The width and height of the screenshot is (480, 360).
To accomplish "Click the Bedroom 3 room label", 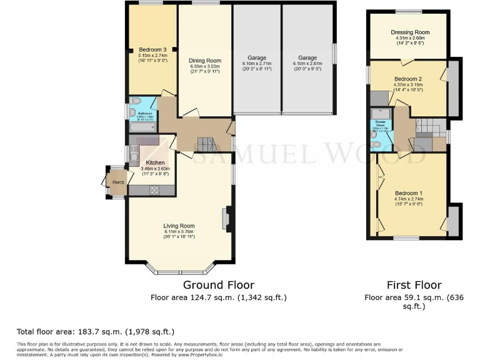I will [x=152, y=50].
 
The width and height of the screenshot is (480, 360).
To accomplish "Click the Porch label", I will [x=118, y=182].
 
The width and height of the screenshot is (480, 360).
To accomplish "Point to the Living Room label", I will [x=179, y=226].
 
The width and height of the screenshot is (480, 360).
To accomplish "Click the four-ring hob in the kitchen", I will [x=154, y=189].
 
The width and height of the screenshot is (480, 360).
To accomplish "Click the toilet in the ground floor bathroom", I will [x=135, y=102].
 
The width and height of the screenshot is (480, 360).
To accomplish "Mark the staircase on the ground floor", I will [x=207, y=145].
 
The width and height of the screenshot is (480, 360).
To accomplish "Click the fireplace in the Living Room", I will [x=226, y=219].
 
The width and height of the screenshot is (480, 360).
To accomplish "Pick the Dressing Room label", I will [x=410, y=32].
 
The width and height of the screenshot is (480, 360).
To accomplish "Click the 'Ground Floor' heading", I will [x=218, y=285].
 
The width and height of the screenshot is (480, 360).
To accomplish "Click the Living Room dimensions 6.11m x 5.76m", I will [x=179, y=232].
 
